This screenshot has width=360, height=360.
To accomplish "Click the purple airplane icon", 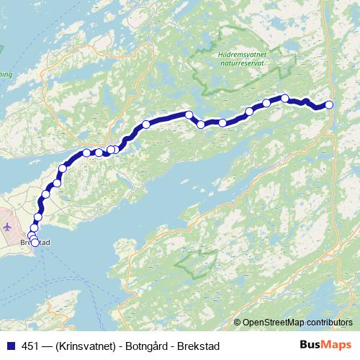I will click(x=7, y=227).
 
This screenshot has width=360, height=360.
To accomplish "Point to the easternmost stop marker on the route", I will click(x=330, y=104).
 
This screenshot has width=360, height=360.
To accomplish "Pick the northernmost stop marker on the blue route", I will click(x=285, y=99).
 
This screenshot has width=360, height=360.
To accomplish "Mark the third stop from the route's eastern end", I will click(x=266, y=104).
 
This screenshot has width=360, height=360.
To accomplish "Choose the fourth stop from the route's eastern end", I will click(x=249, y=111).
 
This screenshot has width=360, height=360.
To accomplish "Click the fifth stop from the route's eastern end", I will click(x=222, y=122).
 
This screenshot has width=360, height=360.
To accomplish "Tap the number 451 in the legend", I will click(x=30, y=346).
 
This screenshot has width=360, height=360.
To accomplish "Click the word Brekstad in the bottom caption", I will click(x=197, y=346).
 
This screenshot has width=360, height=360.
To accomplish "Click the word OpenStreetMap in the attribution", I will click(x=274, y=323).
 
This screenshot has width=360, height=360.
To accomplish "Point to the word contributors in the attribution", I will click(x=330, y=323).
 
